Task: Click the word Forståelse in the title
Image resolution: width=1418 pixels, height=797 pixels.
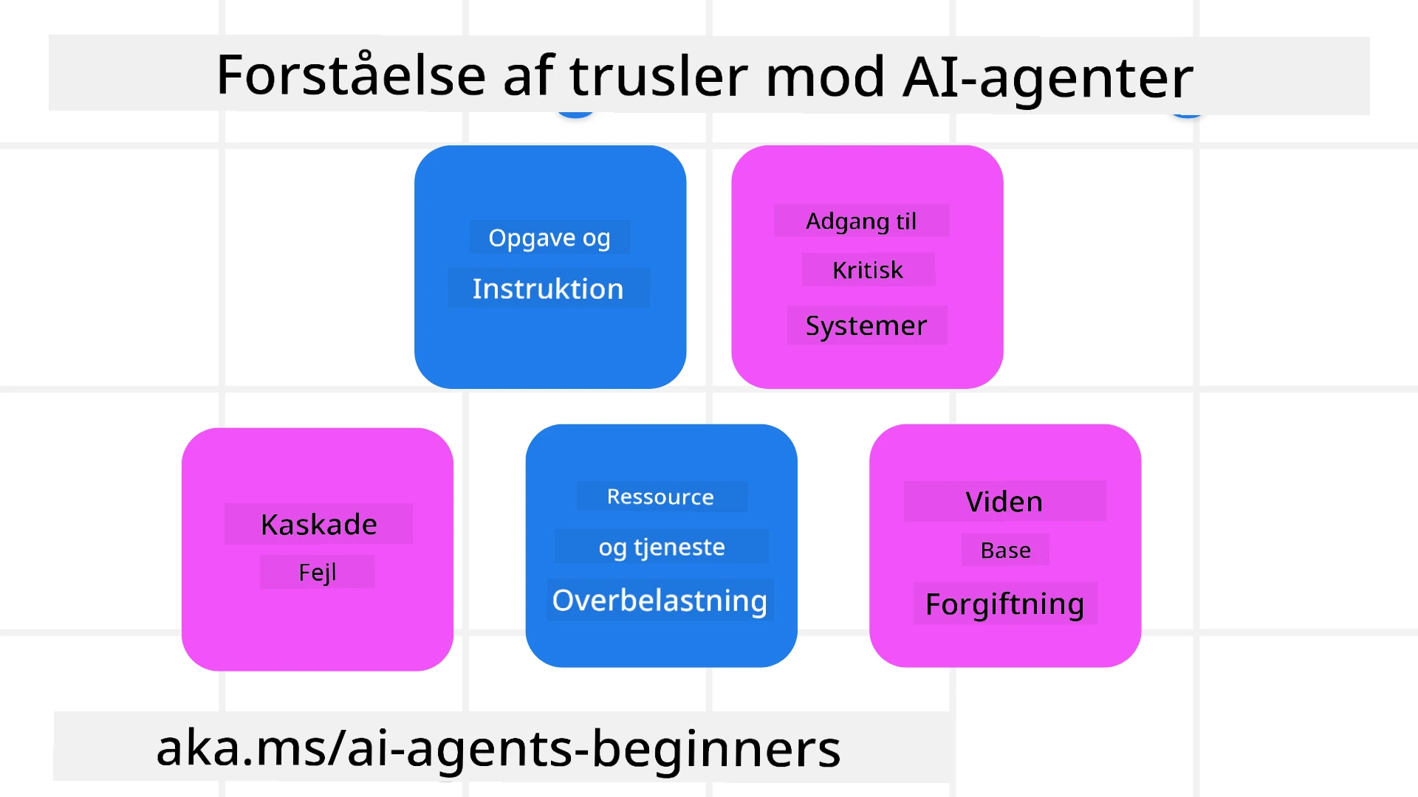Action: tap(351, 76)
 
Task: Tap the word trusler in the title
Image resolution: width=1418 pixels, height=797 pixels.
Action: tap(658, 76)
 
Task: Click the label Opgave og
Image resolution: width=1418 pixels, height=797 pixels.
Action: tap(549, 238)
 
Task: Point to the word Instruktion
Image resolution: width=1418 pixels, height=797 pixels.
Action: tap(548, 289)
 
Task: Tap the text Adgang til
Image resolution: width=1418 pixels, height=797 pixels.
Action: tap(861, 221)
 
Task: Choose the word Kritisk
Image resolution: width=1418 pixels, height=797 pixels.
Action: tap(868, 270)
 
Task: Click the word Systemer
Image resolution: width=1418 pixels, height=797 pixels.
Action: tap(866, 325)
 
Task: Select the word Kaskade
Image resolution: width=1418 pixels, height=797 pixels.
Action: tap(319, 524)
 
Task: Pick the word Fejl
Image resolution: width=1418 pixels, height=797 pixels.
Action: tap(318, 572)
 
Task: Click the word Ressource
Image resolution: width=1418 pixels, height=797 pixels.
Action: tap(661, 497)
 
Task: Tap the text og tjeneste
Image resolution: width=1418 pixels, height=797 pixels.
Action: tap(662, 547)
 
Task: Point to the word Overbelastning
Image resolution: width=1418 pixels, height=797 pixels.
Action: tap(660, 600)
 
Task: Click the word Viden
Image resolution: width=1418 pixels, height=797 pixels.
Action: tap(1004, 502)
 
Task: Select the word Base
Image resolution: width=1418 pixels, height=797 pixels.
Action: tap(1005, 550)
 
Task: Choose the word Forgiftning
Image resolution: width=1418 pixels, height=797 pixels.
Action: tap(1004, 604)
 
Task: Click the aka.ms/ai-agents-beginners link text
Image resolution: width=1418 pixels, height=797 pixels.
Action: tap(499, 748)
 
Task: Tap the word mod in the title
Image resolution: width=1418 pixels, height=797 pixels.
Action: tap(825, 76)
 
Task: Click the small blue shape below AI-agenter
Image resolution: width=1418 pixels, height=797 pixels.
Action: tap(1188, 114)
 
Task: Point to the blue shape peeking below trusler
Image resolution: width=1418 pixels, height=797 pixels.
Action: tap(575, 114)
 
